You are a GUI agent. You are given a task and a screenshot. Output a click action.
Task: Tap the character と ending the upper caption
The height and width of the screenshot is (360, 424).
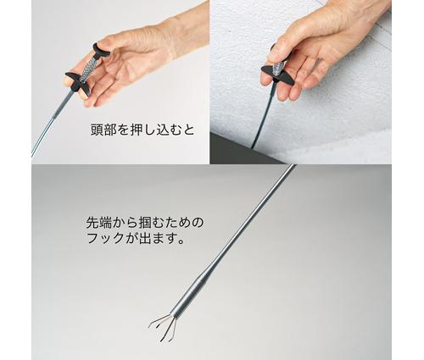click(188, 130)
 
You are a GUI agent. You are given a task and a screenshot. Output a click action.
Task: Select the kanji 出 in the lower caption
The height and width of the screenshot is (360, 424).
click(137, 238)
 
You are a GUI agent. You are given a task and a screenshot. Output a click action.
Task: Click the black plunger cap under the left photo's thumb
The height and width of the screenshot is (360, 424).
click(101, 50)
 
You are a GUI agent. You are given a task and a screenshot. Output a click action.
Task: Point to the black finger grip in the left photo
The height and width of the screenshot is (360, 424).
click(78, 83)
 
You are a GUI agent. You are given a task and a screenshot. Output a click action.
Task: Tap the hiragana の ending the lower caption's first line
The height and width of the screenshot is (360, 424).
click(198, 223)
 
